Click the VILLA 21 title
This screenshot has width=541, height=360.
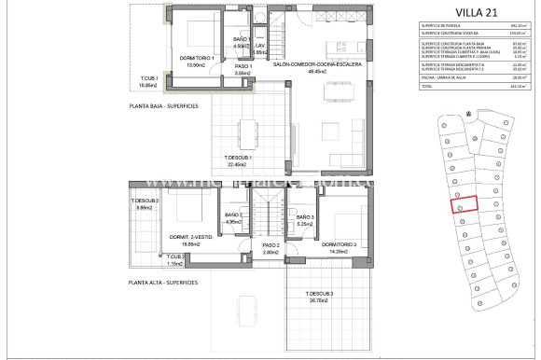tap(463, 11)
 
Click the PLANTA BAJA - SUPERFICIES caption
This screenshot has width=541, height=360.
tap(171, 106)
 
